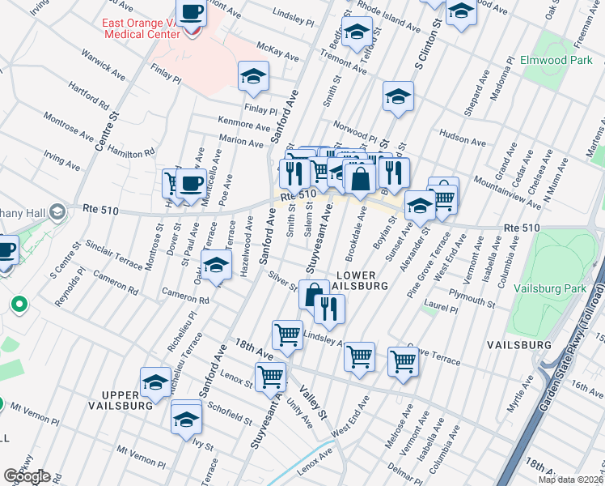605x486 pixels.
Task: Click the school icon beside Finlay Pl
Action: [253, 77]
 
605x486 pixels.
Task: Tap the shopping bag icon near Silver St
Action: [314, 294]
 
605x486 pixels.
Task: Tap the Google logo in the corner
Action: [27, 476]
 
